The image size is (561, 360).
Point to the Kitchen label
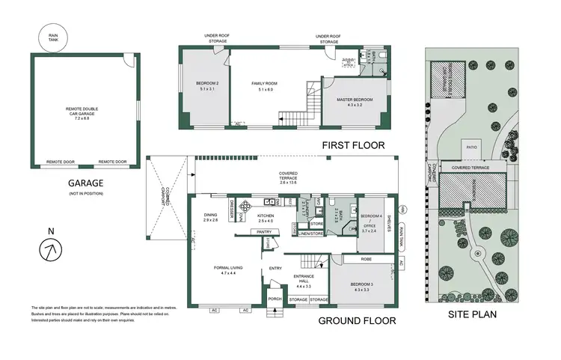(266, 217)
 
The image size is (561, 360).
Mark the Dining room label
(210, 217)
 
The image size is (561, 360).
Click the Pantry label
(263, 233)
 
